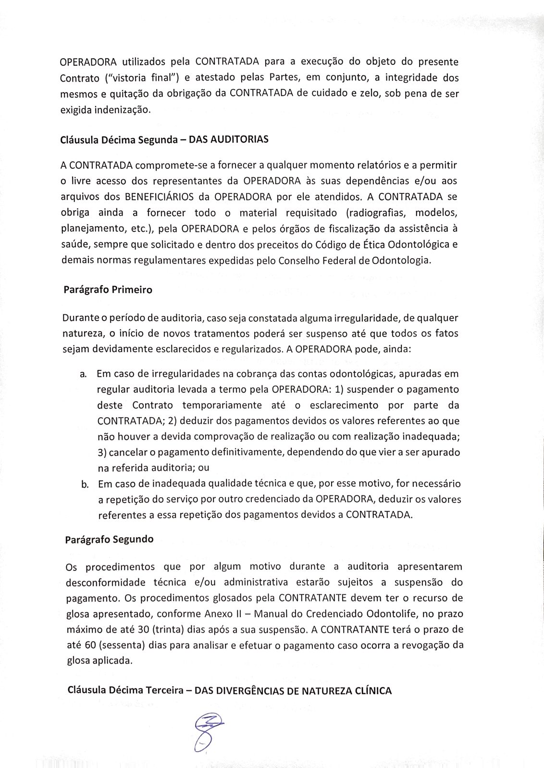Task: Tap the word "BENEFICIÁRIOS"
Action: [160, 197]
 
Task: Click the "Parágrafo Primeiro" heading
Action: [108, 290]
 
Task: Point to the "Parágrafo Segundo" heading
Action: [109, 539]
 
